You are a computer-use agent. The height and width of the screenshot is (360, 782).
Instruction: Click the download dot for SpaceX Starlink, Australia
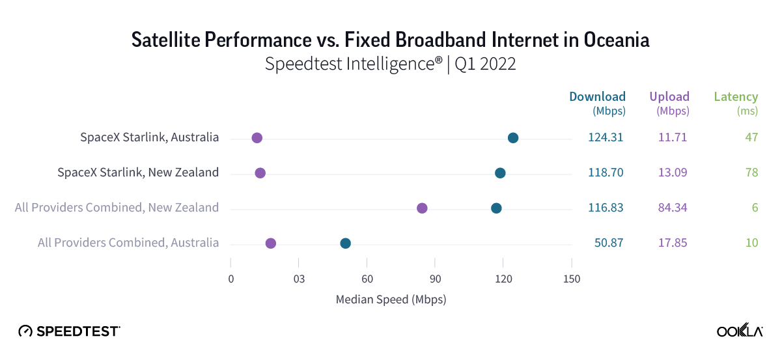[513, 137]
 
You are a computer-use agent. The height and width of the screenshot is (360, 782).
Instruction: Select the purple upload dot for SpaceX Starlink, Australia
[257, 137]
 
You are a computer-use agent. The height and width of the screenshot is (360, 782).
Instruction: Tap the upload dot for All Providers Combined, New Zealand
[422, 208]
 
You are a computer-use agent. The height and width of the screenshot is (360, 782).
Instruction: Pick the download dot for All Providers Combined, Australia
[346, 243]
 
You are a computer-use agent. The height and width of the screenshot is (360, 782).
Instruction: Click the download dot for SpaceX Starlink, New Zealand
[500, 173]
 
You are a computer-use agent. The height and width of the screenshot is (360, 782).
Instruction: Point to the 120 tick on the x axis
[503, 279]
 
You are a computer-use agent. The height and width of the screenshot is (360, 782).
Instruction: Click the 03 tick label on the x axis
[298, 279]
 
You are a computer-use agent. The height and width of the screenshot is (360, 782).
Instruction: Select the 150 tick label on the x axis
[571, 279]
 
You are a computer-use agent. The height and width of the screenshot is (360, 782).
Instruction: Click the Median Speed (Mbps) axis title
[391, 299]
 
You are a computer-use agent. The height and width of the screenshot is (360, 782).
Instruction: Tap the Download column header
[597, 97]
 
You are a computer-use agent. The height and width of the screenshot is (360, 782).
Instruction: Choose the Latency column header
[736, 97]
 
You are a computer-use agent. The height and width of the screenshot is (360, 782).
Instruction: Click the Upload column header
[669, 97]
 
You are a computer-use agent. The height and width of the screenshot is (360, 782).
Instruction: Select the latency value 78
[750, 173]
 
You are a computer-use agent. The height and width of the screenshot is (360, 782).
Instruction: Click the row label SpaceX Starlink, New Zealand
[138, 173]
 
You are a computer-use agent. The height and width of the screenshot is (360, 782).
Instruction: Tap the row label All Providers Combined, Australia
[128, 243]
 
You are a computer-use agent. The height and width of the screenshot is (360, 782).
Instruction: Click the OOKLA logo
[740, 331]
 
